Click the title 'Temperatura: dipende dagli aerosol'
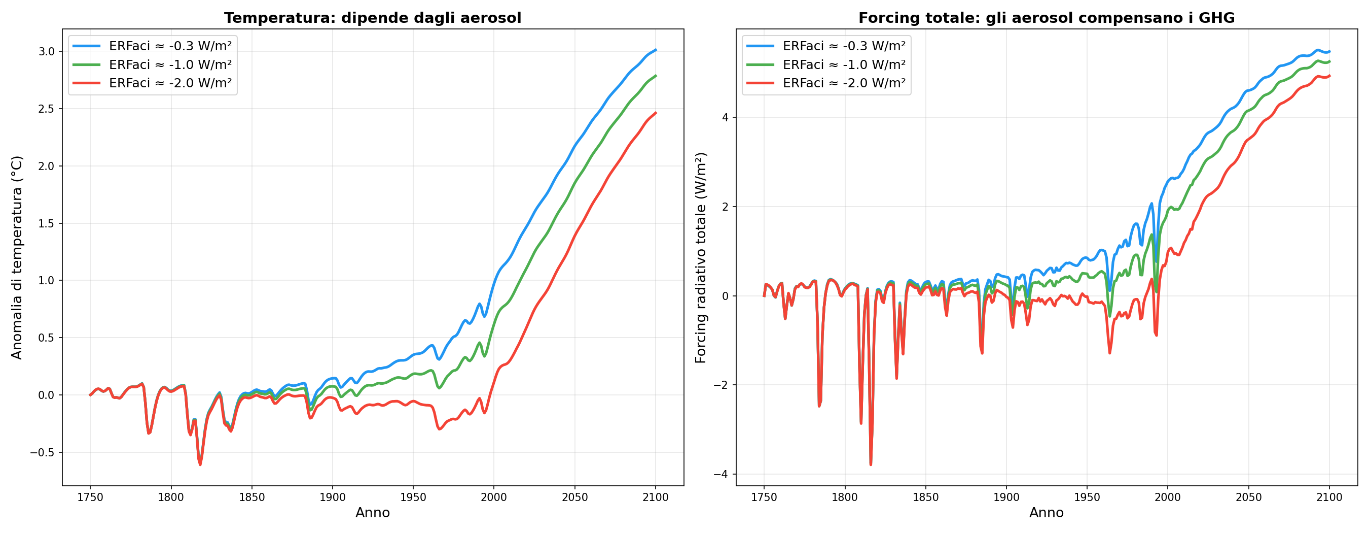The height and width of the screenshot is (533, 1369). (x=373, y=18)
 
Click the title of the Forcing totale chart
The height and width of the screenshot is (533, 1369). (x=1047, y=18)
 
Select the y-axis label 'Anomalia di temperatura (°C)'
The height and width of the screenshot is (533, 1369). (x=17, y=257)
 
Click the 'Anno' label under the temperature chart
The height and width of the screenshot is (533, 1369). (x=373, y=513)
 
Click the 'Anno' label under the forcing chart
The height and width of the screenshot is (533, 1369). (x=1047, y=513)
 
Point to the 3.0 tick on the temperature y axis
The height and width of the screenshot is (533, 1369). (x=46, y=52)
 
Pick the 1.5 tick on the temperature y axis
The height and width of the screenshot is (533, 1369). (x=46, y=223)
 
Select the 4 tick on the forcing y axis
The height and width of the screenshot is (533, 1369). (x=726, y=118)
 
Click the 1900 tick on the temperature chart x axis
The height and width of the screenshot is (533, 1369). (x=332, y=497)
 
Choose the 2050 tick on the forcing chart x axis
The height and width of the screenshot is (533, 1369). (x=1248, y=497)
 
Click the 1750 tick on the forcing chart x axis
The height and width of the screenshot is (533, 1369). (x=764, y=497)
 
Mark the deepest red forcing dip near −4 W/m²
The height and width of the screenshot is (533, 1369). (x=871, y=464)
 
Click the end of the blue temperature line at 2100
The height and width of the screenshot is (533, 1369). (x=655, y=50)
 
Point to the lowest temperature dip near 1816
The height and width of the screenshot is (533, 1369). (x=200, y=464)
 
